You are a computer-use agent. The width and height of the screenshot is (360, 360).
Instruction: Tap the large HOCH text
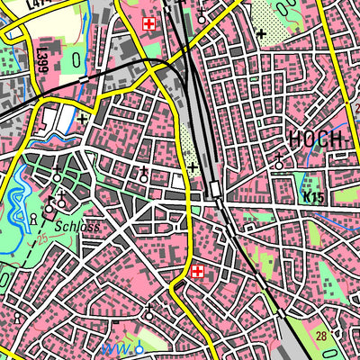tap(317, 139)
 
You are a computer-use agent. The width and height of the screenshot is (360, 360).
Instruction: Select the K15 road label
tap(313, 197)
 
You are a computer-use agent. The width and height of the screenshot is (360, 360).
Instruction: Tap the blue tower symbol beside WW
tap(139, 346)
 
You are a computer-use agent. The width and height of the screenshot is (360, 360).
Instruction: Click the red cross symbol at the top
tap(149, 22)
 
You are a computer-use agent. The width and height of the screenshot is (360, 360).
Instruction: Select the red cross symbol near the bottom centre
tap(197, 271)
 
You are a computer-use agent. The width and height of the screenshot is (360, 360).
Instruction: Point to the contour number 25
tap(41, 239)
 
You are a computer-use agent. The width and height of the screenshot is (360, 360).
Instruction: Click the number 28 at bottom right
tap(321, 336)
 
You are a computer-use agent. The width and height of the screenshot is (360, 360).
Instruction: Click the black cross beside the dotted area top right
tap(261, 34)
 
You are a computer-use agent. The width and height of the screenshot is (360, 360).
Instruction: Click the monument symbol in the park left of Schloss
tap(33, 218)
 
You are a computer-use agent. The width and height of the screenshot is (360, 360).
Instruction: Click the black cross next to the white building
tap(83, 118)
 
